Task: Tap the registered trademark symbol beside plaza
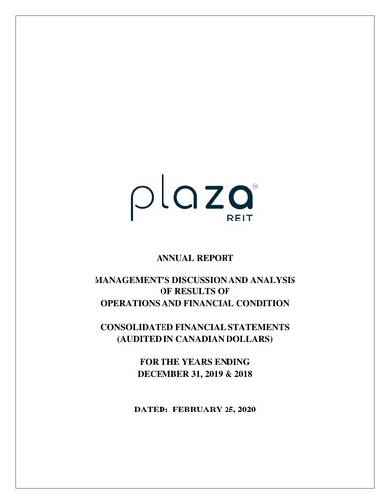(255, 182)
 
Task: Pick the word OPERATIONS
(141, 304)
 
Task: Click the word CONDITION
(257, 304)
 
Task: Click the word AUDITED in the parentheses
(145, 341)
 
